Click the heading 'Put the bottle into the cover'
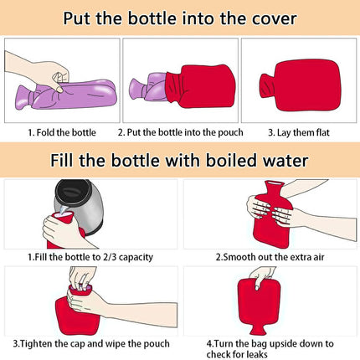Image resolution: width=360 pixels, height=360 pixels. point(179,18)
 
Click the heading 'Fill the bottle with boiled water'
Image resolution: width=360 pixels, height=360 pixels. point(179,159)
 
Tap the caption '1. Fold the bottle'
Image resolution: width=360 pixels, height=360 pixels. point(62,132)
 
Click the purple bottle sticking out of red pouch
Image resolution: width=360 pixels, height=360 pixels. point(147,88)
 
